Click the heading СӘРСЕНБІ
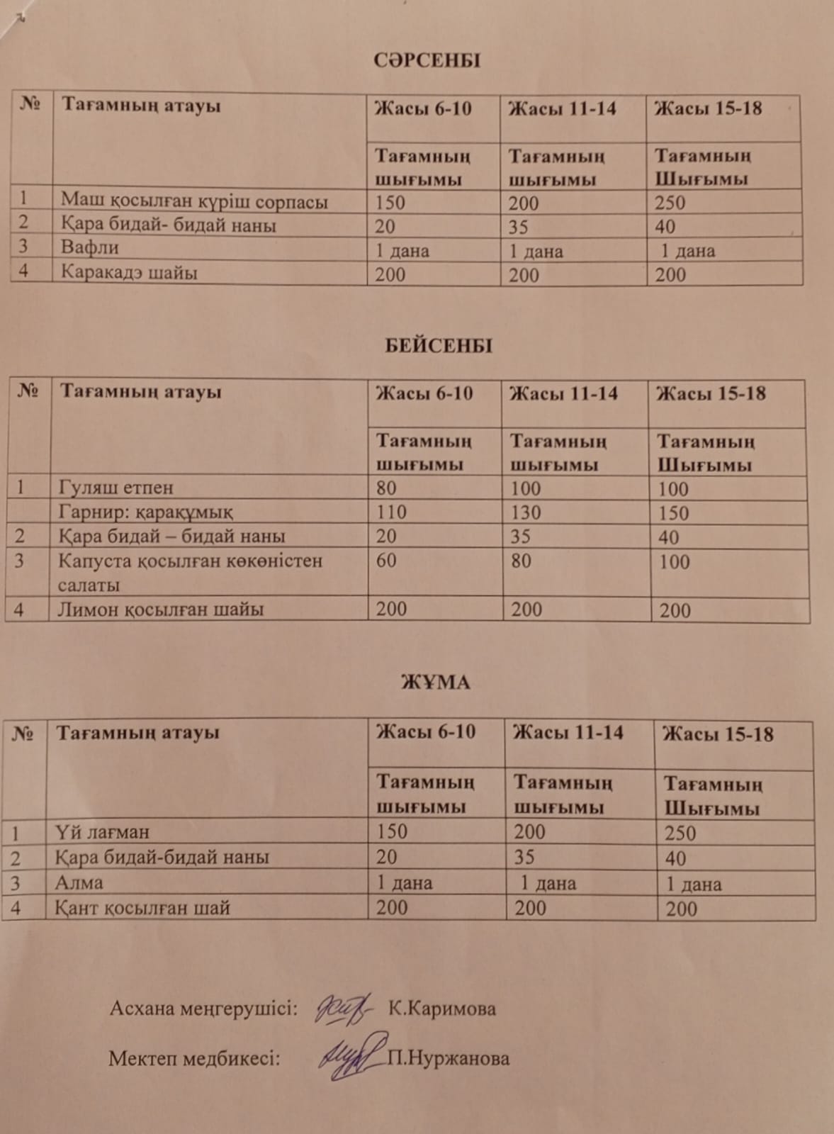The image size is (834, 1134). [x=427, y=60]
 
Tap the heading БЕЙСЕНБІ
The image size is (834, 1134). [x=439, y=346]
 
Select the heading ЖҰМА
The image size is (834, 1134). [x=435, y=683]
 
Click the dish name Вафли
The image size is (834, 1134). [x=89, y=247]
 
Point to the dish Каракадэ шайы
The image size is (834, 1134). [x=129, y=272]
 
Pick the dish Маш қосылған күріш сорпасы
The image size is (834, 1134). [x=194, y=201]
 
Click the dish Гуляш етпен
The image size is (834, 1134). [x=117, y=488]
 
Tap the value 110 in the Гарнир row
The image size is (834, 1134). [x=391, y=512]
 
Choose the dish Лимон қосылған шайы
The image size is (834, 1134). [x=161, y=609]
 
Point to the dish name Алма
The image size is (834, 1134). [x=79, y=882]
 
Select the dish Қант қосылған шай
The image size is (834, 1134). [x=142, y=908]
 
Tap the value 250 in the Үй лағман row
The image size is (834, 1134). [x=680, y=833]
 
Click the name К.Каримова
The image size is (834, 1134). [x=441, y=1009]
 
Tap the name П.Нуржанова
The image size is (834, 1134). [x=448, y=1059]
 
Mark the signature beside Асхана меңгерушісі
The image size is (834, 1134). [x=343, y=1007]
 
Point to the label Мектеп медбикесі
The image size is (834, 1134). [x=194, y=1059]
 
